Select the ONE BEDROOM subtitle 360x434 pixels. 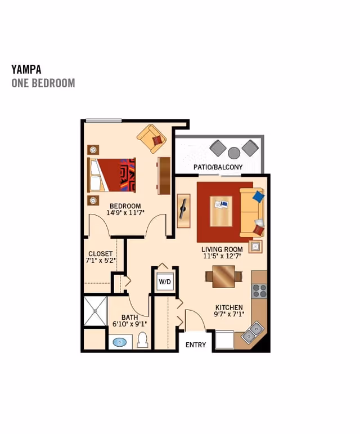(x=43, y=83)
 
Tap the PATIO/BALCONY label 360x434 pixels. (x=218, y=167)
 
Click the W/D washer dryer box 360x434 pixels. (x=164, y=281)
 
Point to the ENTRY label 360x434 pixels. (x=196, y=344)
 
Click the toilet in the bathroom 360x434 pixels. (x=142, y=340)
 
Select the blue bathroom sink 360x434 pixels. (x=119, y=342)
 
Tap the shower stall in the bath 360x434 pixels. (x=95, y=311)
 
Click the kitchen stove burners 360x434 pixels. (x=259, y=291)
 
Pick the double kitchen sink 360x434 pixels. (x=253, y=332)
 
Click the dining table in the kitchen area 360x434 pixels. (x=223, y=276)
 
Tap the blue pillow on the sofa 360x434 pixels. (x=258, y=196)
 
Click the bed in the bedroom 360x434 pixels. (x=112, y=175)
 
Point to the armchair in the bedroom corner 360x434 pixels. (x=152, y=138)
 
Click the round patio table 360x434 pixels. (x=234, y=153)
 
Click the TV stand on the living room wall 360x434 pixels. (x=183, y=211)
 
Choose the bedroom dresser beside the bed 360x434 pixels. (x=164, y=175)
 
